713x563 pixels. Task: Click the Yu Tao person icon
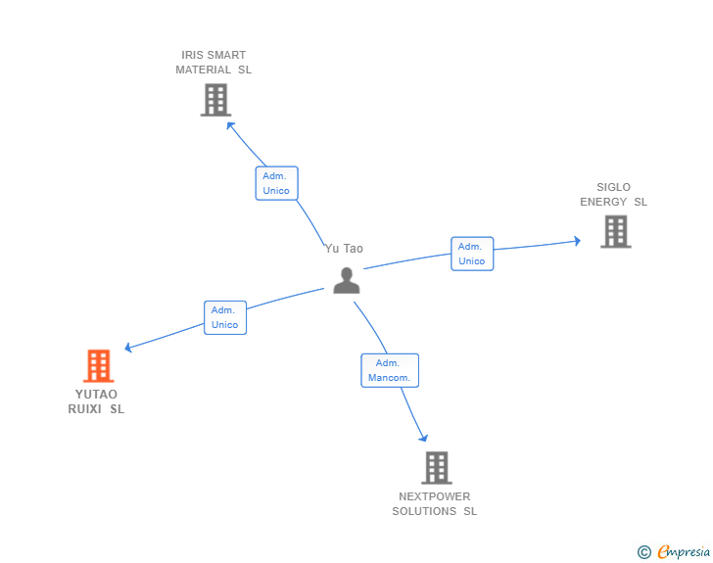(x=347, y=280)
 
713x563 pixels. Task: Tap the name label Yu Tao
(x=344, y=249)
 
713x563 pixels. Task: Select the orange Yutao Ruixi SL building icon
(x=98, y=366)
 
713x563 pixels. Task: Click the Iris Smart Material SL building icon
(x=214, y=100)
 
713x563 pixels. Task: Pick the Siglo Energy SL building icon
(x=615, y=232)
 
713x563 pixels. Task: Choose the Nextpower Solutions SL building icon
(x=436, y=468)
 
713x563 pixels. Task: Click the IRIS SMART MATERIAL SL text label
(x=214, y=63)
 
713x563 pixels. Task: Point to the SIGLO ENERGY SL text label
(x=614, y=195)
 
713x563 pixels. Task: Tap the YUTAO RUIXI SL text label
(x=96, y=401)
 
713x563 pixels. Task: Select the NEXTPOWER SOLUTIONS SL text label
(x=435, y=503)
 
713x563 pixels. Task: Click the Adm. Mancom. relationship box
(x=390, y=370)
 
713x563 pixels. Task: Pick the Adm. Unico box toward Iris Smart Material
(x=276, y=183)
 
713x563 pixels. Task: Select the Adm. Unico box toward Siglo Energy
(x=472, y=254)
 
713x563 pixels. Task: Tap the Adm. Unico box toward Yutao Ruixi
(x=225, y=317)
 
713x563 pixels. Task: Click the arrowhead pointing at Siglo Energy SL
(x=577, y=240)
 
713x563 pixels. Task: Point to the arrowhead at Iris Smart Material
(x=230, y=124)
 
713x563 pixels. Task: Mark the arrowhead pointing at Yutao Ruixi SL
(x=129, y=347)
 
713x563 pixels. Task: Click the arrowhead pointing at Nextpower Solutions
(x=423, y=437)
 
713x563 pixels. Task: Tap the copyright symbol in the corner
(x=643, y=552)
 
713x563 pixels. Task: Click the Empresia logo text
(x=684, y=552)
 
